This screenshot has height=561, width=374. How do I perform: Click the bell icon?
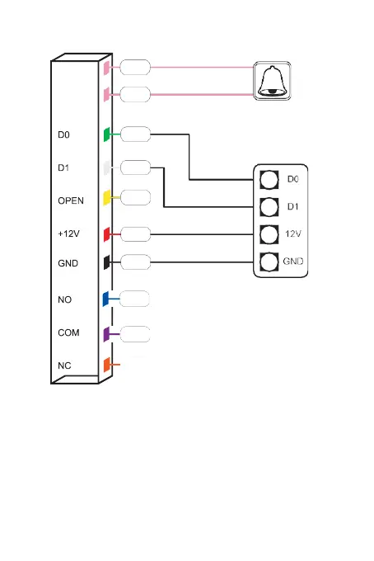tap(273, 81)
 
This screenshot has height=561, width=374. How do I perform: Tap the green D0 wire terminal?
tap(106, 134)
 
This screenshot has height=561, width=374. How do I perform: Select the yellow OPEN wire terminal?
tap(106, 198)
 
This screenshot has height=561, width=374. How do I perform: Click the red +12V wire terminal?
tap(106, 234)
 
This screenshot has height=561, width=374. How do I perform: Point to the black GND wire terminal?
tap(106, 262)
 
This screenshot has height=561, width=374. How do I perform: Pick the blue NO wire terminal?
tap(105, 299)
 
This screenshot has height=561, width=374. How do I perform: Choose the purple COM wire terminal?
tap(106, 334)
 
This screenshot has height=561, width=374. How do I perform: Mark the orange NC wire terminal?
tap(106, 365)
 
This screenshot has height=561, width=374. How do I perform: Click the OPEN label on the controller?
tap(71, 200)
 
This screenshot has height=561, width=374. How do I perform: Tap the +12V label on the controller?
tap(68, 233)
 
